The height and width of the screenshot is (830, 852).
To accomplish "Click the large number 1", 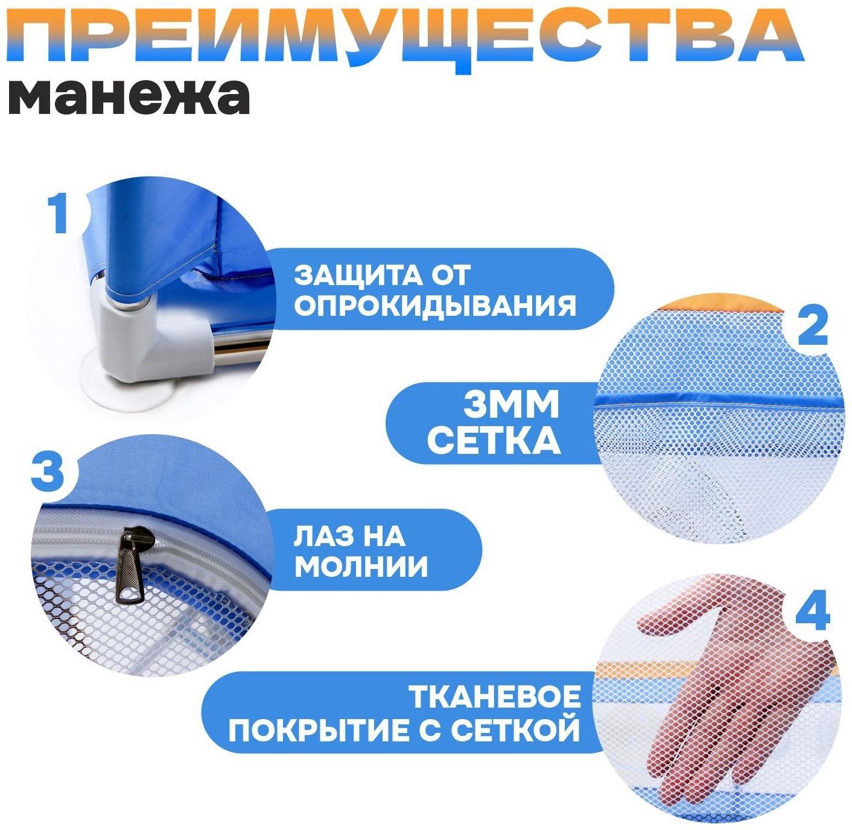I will tap(59, 213).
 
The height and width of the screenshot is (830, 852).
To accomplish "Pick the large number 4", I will tap(812, 611).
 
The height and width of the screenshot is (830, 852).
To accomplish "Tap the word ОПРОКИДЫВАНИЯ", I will tap(435, 306).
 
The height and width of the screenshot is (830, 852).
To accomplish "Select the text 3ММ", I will tap(511, 405).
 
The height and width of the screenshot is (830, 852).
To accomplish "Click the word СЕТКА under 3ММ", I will tap(494, 441).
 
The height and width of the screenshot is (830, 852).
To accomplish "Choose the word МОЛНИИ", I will tap(361, 566).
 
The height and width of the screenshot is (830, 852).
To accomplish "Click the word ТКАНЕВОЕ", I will tap(495, 698).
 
